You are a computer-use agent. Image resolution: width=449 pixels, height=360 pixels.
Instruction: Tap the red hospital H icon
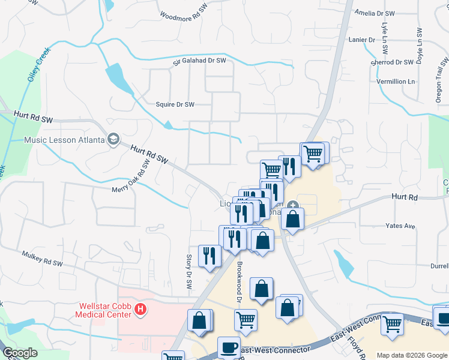tap(140, 310)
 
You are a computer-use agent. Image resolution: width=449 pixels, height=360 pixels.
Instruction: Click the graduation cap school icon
tap(112, 140)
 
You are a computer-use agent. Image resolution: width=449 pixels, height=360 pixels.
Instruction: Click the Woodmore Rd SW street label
tap(187, 15)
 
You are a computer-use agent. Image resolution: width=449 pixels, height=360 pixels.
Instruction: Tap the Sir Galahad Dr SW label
tap(199, 61)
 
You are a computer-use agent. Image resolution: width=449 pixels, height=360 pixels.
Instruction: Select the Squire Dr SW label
tap(175, 104)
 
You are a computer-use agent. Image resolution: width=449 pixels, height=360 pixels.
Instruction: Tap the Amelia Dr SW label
tap(375, 13)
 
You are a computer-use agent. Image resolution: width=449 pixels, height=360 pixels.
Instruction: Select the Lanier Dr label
tap(361, 40)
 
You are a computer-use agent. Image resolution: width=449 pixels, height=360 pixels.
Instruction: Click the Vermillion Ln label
tap(396, 81)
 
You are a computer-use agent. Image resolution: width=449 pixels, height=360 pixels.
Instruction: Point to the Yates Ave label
tap(400, 226)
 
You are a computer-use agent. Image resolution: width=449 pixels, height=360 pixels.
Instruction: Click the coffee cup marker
tap(229, 347)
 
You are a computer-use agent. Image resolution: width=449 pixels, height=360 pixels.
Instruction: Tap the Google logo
tap(20, 353)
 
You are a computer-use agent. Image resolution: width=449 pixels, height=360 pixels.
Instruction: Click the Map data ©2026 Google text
tap(412, 355)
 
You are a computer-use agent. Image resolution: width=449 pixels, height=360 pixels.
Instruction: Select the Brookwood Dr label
tap(239, 282)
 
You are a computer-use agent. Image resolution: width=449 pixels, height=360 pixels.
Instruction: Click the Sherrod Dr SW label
tap(393, 62)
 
